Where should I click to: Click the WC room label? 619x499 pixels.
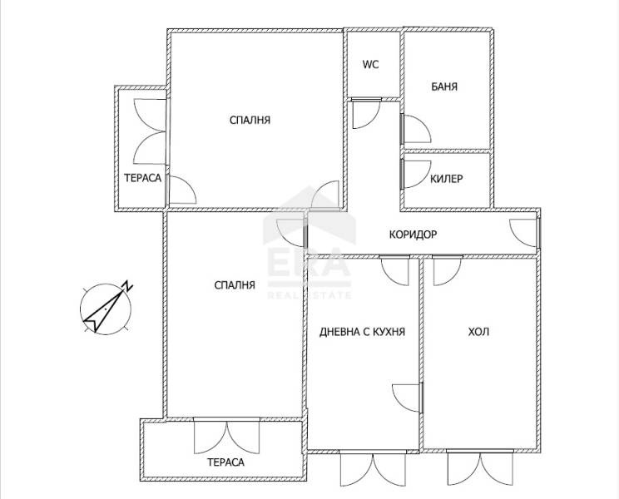tap(371, 64)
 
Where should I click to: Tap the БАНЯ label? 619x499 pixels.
tap(444, 86)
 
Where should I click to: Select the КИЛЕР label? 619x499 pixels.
tap(446, 179)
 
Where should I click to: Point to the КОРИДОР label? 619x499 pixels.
tap(413, 235)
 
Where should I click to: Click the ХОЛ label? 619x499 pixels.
tap(478, 332)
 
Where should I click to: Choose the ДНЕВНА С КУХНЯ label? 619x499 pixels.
tap(362, 332)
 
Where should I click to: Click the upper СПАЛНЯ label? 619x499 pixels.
tap(250, 120)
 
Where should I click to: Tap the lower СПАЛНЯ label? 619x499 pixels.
tap(235, 284)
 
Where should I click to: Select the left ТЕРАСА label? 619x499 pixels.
tap(142, 178)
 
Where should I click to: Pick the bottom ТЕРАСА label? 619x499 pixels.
tap(225, 462)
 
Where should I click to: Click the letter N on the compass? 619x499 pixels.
tap(127, 285)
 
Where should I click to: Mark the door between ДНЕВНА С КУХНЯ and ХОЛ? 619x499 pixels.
tap(408, 398)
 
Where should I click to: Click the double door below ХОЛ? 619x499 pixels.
tap(480, 468)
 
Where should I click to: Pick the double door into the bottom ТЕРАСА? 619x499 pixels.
tap(226, 437)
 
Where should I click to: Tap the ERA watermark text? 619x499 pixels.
tap(309, 261)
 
